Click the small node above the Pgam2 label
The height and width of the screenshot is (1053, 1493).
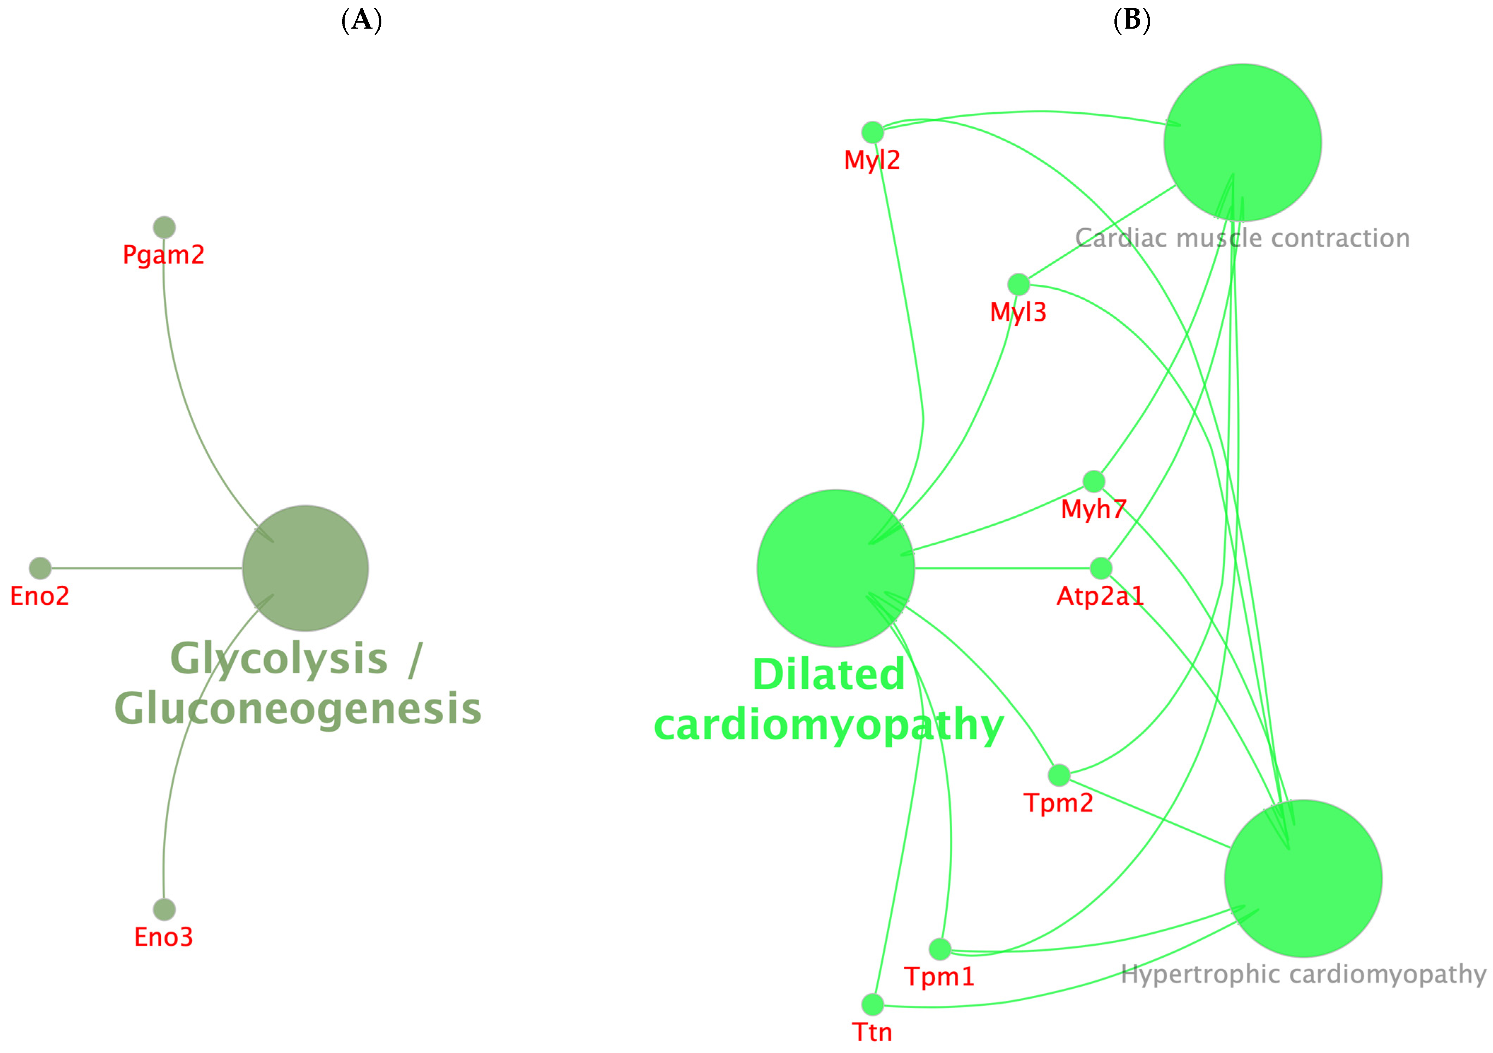pyautogui.click(x=164, y=227)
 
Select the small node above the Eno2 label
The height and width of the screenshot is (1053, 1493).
pyautogui.click(x=40, y=568)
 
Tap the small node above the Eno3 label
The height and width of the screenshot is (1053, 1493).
pyautogui.click(x=164, y=909)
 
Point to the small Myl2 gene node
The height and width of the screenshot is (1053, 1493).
pyautogui.click(x=873, y=132)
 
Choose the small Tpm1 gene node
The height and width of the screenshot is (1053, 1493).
pyautogui.click(x=939, y=949)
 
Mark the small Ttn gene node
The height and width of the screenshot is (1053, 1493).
pyautogui.click(x=873, y=1004)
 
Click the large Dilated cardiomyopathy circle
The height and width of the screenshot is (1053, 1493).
pyautogui.click(x=836, y=568)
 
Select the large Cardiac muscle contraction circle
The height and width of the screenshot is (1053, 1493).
pyautogui.click(x=1243, y=142)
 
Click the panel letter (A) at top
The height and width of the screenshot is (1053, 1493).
pyautogui.click(x=362, y=21)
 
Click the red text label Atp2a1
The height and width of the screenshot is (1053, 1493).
pyautogui.click(x=1100, y=596)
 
